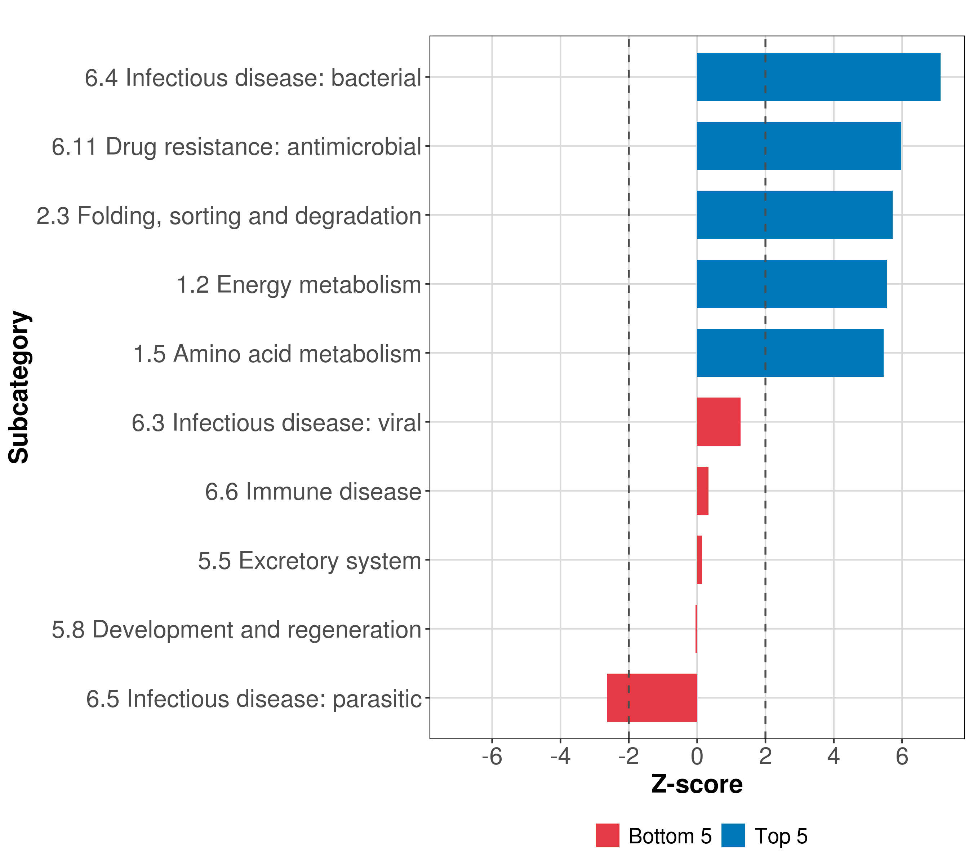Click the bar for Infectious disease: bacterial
tap(818, 77)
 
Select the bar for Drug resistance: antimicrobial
tap(799, 146)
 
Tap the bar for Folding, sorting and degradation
tap(795, 215)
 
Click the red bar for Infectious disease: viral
tap(718, 422)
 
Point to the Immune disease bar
tap(703, 491)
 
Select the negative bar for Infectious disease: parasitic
tap(652, 698)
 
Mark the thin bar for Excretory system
tap(699, 560)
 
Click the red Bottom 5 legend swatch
tap(608, 835)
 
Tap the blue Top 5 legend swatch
tap(733, 835)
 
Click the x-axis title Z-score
tap(697, 784)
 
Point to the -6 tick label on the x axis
tap(492, 757)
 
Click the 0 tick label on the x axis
tap(697, 757)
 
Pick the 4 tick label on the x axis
tap(834, 757)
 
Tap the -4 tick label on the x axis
tap(560, 757)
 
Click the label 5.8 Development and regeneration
tap(237, 629)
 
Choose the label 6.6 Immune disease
tap(313, 492)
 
